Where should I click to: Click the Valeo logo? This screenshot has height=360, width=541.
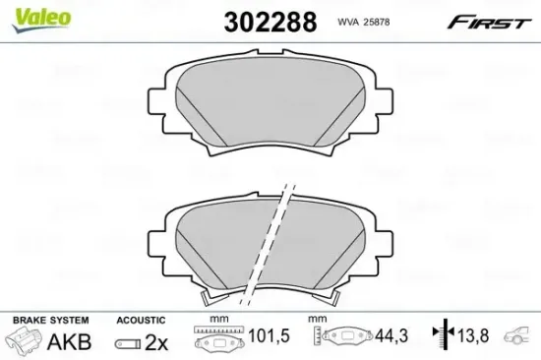click(41, 20)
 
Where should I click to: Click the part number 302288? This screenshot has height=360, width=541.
click(270, 22)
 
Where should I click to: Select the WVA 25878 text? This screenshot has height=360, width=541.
click(363, 22)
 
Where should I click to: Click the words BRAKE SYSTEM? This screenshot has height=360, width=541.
click(51, 320)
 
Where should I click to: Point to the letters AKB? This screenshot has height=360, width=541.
click(69, 341)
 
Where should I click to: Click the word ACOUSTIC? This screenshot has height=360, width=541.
click(141, 321)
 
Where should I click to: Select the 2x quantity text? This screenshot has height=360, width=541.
click(156, 342)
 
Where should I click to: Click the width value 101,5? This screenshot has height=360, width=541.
click(270, 335)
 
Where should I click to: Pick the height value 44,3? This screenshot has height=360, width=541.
click(391, 335)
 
